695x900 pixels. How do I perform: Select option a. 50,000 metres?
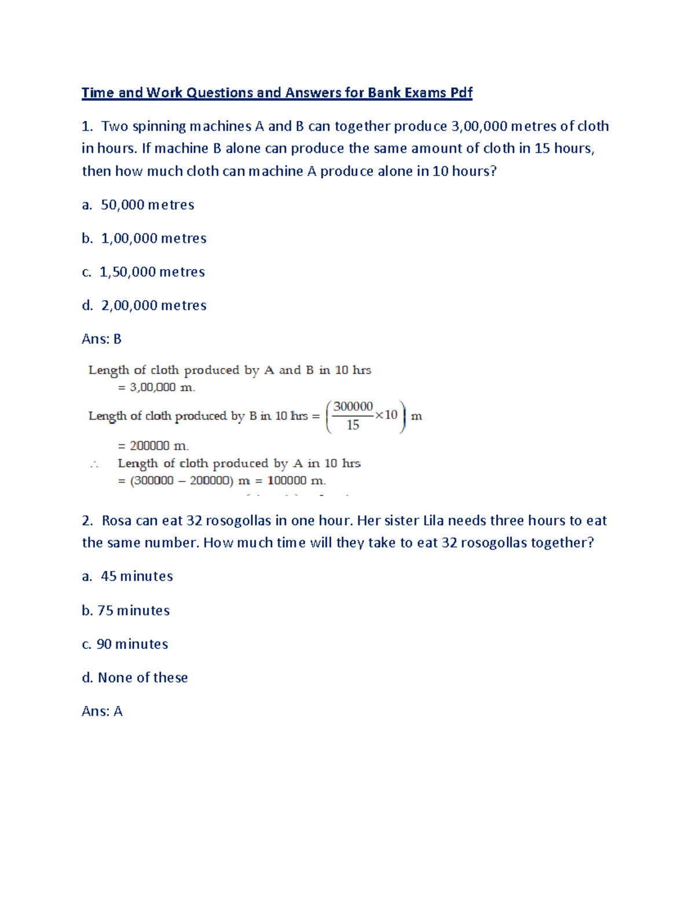point(138,205)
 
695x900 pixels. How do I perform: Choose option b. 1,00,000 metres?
point(144,238)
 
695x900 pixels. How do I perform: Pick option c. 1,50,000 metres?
point(143,272)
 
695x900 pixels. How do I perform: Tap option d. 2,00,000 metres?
point(144,305)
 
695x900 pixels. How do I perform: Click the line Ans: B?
point(101,339)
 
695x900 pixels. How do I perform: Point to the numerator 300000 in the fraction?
point(353,407)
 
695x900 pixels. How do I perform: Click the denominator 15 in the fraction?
point(353,425)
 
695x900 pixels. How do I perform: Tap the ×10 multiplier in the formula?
point(386,415)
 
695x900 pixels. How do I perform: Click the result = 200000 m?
point(153,446)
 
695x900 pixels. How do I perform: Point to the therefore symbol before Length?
point(94,464)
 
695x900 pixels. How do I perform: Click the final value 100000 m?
point(297,480)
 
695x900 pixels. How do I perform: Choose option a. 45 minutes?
point(127,576)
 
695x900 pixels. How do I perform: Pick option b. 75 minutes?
point(126,610)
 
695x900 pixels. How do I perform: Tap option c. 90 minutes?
point(125,644)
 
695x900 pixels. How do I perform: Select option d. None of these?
point(135,677)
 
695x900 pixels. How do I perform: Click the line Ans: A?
point(102,711)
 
